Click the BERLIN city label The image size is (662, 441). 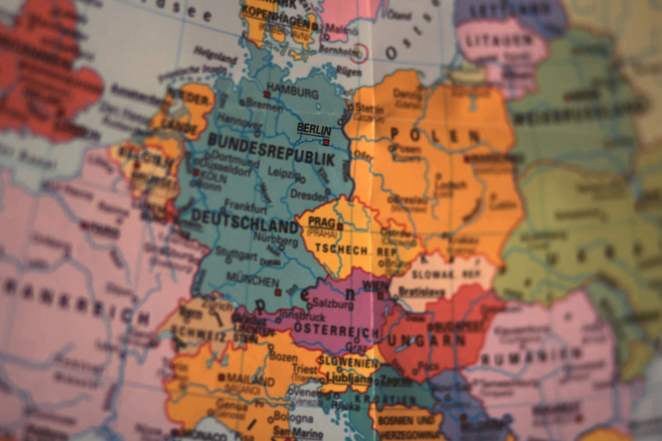[x=314, y=129]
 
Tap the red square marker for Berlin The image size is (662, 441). [x=326, y=142]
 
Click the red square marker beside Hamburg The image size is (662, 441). [x=267, y=95]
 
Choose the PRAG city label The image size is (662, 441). [x=321, y=222]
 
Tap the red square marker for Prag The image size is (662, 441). [x=340, y=226]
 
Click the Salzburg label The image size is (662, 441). [x=333, y=304]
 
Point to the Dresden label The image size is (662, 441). [x=309, y=195]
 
